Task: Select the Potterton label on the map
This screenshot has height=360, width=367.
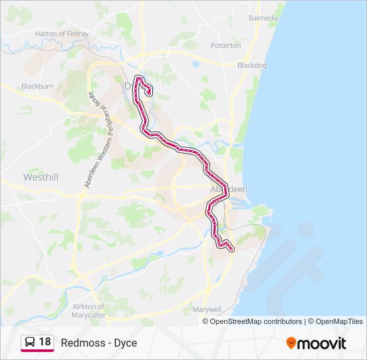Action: (x=225, y=45)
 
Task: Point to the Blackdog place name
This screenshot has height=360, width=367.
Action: (x=252, y=65)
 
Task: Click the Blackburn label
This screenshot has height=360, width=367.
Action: (x=37, y=86)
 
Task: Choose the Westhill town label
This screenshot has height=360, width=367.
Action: (x=41, y=177)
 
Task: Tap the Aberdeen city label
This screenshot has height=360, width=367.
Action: (x=229, y=189)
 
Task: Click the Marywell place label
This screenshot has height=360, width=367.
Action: (x=206, y=310)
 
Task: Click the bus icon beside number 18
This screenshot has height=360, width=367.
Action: (x=29, y=343)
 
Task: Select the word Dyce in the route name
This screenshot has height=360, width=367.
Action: (x=125, y=343)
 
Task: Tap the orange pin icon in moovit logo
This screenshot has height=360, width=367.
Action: (x=291, y=343)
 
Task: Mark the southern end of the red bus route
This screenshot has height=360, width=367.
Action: (x=232, y=249)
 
